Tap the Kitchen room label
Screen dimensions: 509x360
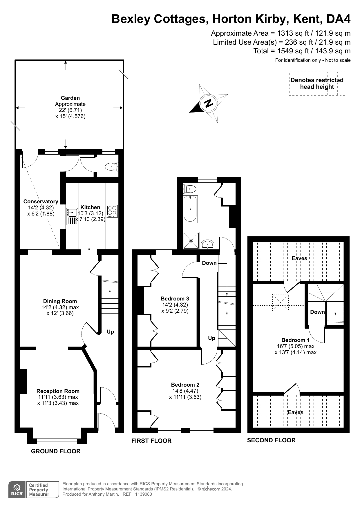click(x=90, y=207)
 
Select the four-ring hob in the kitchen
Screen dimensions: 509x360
click(x=112, y=211)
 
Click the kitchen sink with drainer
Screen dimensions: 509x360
click(x=72, y=216)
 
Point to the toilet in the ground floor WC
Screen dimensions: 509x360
click(x=111, y=167)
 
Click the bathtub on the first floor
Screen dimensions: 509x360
click(x=190, y=209)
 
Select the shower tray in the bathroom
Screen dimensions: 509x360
click(x=191, y=240)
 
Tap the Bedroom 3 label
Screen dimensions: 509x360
click(x=175, y=298)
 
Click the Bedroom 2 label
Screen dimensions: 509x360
click(x=185, y=385)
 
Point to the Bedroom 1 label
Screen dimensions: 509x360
click(x=295, y=340)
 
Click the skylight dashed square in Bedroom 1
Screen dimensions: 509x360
click(x=281, y=302)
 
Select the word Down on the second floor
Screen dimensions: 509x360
click(x=317, y=312)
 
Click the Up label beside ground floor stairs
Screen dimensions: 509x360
click(x=110, y=332)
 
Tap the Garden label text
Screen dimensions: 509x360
click(x=70, y=98)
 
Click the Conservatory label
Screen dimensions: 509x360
click(x=41, y=201)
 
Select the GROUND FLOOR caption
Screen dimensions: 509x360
click(x=56, y=451)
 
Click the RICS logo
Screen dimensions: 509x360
click(x=17, y=490)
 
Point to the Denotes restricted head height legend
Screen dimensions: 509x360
click(x=317, y=83)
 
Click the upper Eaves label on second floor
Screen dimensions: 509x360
click(x=299, y=258)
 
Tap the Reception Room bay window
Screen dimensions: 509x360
click(x=57, y=441)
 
